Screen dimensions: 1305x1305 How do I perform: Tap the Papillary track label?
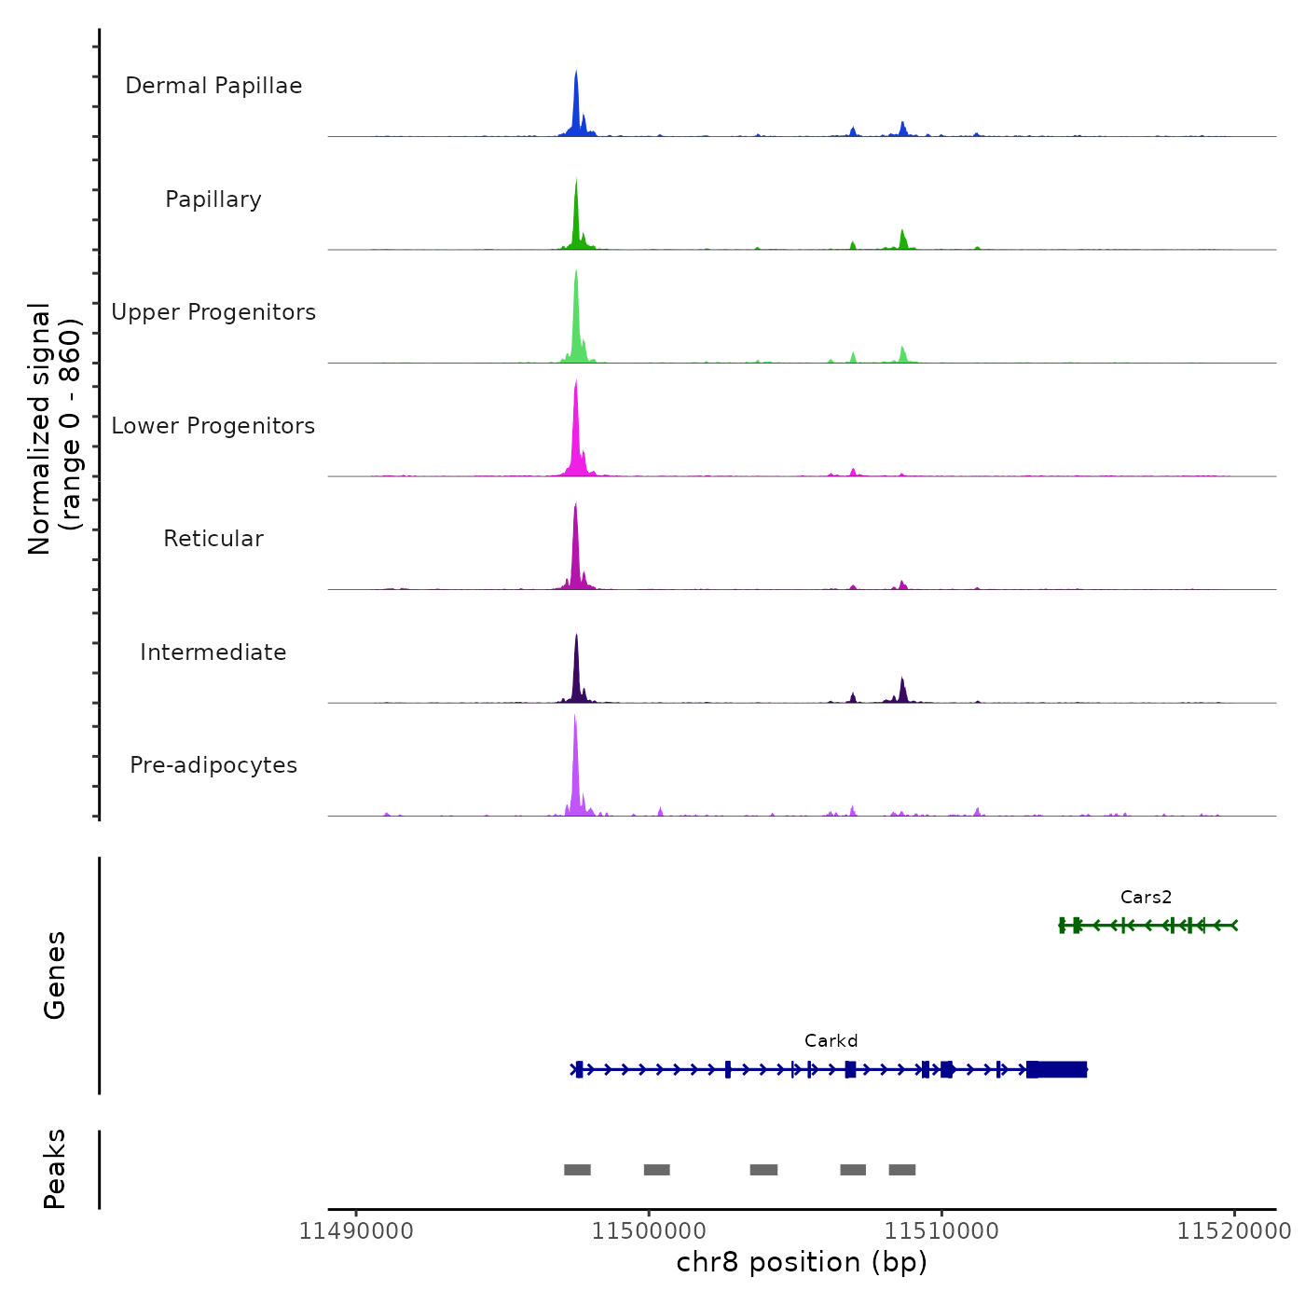coord(213,199)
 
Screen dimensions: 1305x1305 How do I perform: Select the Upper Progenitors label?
coord(213,312)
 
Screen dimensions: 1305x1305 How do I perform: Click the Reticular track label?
coord(213,539)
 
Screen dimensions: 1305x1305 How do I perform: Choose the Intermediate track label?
coord(213,652)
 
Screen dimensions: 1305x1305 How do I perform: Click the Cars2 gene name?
coord(1146,898)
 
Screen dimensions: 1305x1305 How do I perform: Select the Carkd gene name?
coord(831,1041)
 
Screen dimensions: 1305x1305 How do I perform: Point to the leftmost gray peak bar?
coord(577,1170)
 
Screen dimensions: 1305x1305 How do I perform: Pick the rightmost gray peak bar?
coord(901,1170)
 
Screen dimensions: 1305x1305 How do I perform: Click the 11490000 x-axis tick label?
coord(356,1231)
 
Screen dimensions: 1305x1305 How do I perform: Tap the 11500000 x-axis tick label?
coord(649,1231)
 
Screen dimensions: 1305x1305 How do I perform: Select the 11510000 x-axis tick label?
coord(941,1231)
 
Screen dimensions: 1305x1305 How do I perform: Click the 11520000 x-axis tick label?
coord(1233,1231)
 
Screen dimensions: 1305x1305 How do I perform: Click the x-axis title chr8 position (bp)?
coord(802,1262)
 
